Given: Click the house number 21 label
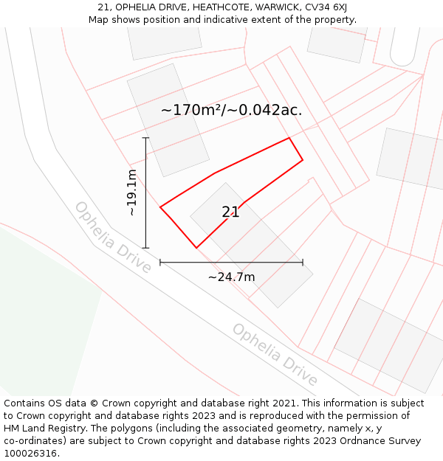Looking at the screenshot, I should pyautogui.click(x=230, y=212).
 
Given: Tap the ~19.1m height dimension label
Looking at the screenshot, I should pyautogui.click(x=131, y=193).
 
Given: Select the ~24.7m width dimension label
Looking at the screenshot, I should pyautogui.click(x=231, y=277).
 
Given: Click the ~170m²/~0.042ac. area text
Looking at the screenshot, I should pyautogui.click(x=231, y=111).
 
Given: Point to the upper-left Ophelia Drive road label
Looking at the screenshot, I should pyautogui.click(x=113, y=237).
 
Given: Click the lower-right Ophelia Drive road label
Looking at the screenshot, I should pyautogui.click(x=275, y=355).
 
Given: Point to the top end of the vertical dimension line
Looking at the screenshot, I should pyautogui.click(x=145, y=138).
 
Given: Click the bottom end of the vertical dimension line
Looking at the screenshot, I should pyautogui.click(x=145, y=248).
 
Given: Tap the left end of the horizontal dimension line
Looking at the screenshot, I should pyautogui.click(x=160, y=262).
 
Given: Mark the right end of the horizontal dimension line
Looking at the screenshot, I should pyautogui.click(x=303, y=262).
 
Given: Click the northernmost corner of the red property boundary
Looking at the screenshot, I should pyautogui.click(x=289, y=138).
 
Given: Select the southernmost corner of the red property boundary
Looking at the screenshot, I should pyautogui.click(x=196, y=247).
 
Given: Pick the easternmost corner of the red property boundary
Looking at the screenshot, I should pyautogui.click(x=303, y=160).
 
